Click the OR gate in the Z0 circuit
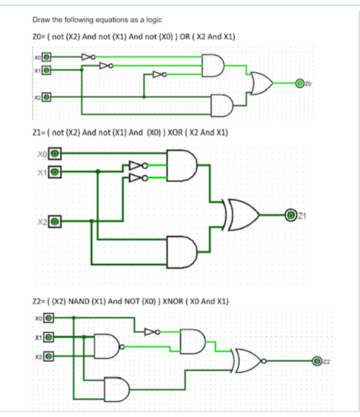(x=261, y=83)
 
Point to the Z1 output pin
(x=291, y=215)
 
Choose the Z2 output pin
(x=317, y=362)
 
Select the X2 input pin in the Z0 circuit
(x=47, y=97)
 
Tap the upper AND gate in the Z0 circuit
(x=213, y=65)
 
